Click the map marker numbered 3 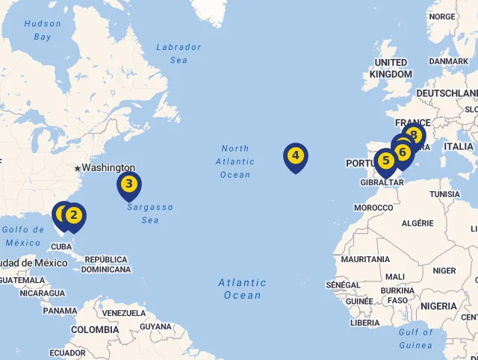[129, 184]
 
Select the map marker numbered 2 [73, 216]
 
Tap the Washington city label [108, 168]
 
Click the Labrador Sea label [179, 53]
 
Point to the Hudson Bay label [43, 30]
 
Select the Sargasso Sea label [149, 214]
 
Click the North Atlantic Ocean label [235, 161]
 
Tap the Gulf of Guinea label [415, 338]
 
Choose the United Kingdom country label [391, 68]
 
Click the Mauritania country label [365, 259]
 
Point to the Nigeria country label [438, 306]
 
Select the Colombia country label [95, 329]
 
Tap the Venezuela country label [124, 313]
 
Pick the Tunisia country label [445, 194]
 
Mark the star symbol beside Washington [77, 168]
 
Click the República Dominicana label [105, 264]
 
